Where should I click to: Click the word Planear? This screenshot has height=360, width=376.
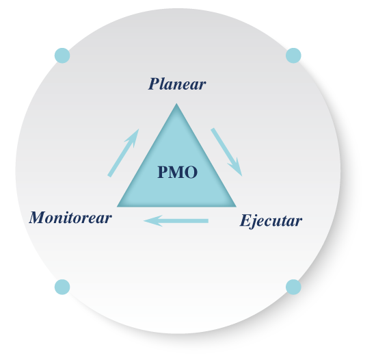tap(177, 83)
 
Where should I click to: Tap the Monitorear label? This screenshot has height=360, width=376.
tap(70, 218)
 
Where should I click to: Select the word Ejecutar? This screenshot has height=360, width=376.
tap(271, 220)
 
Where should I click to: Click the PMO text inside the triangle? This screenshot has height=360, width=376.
tap(178, 172)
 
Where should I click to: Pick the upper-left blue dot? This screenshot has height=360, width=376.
tap(62, 55)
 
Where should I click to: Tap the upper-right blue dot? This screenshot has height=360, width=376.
tap(293, 55)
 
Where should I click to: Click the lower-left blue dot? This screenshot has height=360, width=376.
tap(62, 287)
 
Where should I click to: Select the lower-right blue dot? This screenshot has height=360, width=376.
tap(293, 287)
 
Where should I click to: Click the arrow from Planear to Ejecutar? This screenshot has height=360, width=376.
tap(226, 152)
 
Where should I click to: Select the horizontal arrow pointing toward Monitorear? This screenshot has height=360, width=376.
tap(176, 221)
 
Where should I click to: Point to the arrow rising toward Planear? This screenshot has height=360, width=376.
tap(123, 153)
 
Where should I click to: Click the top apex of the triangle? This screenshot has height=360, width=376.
tap(176, 103)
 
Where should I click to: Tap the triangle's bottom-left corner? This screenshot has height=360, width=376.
tap(118, 207)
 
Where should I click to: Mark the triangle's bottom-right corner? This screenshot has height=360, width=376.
tap(236, 207)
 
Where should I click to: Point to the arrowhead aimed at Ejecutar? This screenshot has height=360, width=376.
tap(235, 167)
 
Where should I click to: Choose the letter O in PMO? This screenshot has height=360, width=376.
tap(191, 172)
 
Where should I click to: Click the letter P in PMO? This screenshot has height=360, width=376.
tap(163, 172)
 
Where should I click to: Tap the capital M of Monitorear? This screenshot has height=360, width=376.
tap(38, 218)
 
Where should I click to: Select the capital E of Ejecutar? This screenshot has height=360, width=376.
tap(245, 220)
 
